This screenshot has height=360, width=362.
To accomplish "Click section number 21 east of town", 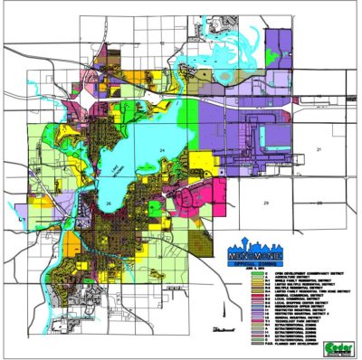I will coord(319,147).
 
